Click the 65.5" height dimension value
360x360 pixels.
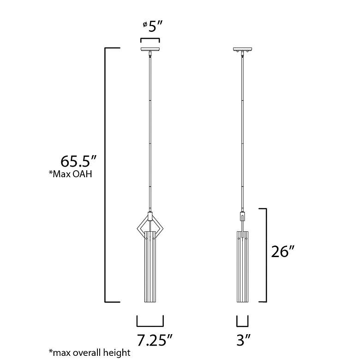78,161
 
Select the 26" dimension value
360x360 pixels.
282,252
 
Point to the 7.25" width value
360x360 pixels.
154,340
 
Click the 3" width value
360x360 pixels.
244,340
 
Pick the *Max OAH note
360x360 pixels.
71,174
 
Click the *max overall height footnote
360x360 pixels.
90,353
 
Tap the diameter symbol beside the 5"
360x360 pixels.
145,24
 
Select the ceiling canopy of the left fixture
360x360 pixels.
150,49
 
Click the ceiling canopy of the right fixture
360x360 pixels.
242,49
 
